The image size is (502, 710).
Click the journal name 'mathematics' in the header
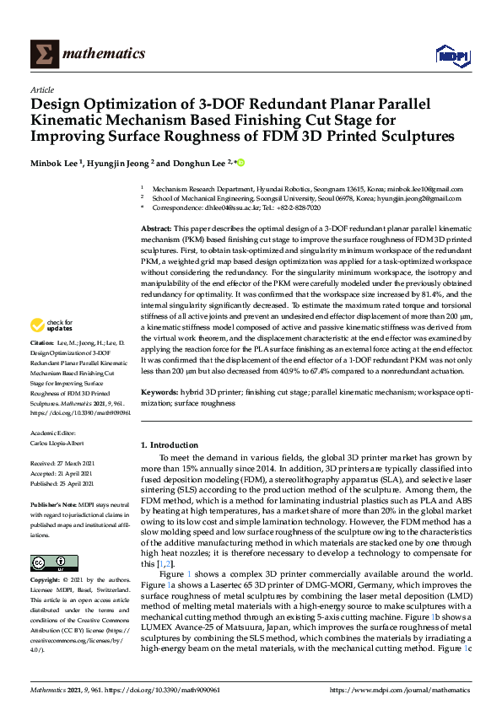(105, 54)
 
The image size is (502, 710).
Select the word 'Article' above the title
(41, 90)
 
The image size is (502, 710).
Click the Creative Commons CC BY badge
(43, 563)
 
